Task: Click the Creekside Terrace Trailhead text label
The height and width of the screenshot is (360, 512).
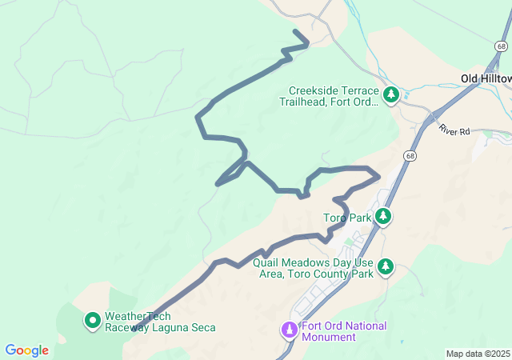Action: click(x=329, y=97)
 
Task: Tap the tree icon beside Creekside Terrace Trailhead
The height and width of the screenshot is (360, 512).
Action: click(x=391, y=96)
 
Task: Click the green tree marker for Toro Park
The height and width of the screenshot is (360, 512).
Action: click(x=383, y=216)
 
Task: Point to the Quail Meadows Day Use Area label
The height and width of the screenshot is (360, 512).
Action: click(x=313, y=267)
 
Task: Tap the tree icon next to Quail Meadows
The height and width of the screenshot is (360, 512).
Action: click(x=386, y=266)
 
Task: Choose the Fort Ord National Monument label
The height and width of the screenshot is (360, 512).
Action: click(x=344, y=331)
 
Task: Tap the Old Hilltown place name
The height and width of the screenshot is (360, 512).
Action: click(x=486, y=78)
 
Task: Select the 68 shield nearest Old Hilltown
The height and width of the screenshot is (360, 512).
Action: click(x=502, y=46)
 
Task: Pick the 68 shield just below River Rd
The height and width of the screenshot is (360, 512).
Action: click(x=410, y=156)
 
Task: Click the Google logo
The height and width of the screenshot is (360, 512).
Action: click(x=26, y=350)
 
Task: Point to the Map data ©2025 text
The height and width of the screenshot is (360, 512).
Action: click(x=478, y=354)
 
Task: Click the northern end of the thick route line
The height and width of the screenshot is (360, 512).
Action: click(x=296, y=32)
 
